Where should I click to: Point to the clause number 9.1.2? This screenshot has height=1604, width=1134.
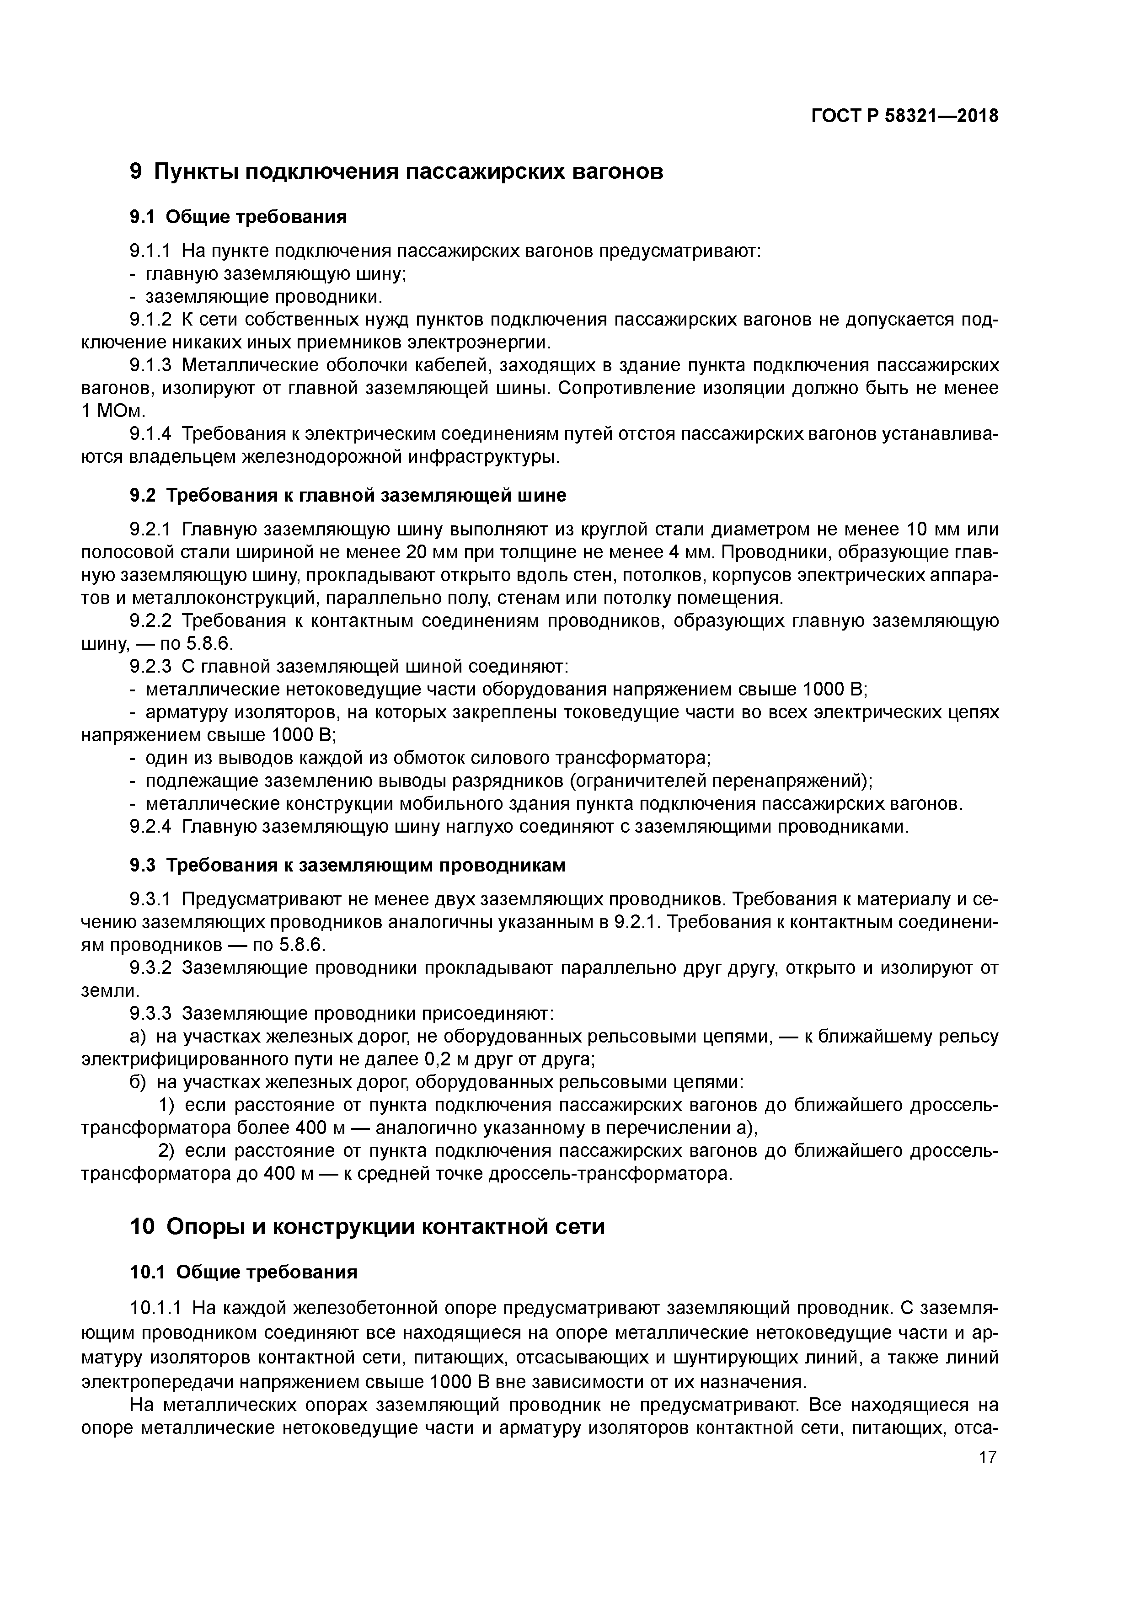tap(150, 320)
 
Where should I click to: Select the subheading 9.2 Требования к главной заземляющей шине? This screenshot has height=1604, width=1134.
tap(348, 495)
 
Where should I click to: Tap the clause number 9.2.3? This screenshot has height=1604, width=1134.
tap(150, 667)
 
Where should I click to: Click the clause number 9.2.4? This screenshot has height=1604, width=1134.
tap(150, 827)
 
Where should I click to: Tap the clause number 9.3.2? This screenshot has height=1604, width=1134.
tap(150, 968)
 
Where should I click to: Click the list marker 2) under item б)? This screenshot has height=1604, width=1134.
tap(166, 1150)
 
